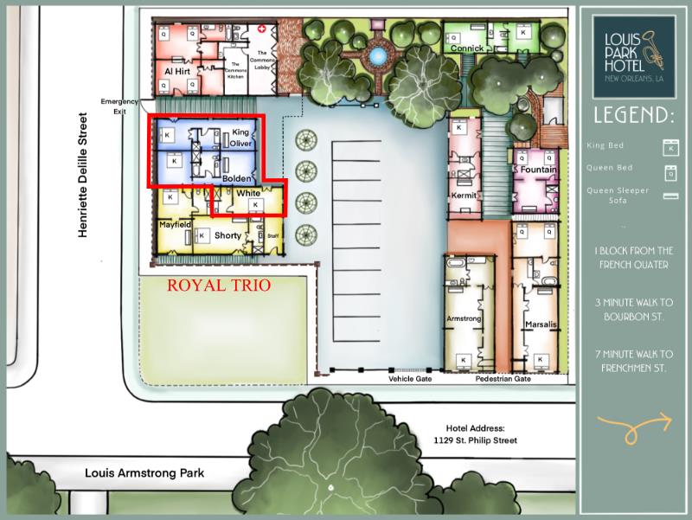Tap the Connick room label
coord(466,48)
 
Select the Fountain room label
coord(538,170)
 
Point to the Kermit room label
coord(464,196)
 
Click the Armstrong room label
coord(463,319)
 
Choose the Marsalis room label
coord(541,325)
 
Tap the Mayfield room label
coord(175,224)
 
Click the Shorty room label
coord(227,235)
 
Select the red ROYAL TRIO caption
coord(219,284)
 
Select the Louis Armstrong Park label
coord(144,473)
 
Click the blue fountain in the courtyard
coord(376,56)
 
